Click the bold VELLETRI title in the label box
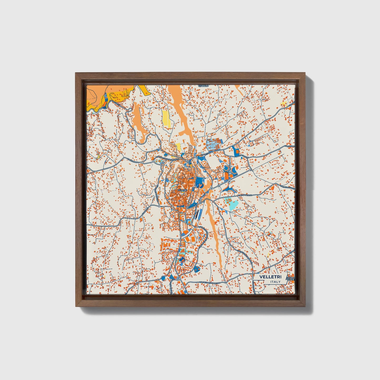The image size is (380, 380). click(270, 277)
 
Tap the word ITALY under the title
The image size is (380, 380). click(275, 282)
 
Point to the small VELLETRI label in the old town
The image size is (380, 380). click(182, 190)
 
